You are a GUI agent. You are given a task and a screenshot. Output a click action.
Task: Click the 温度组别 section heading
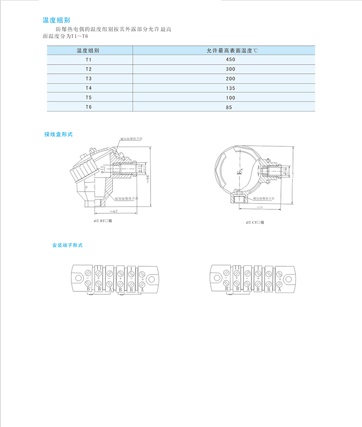click(56, 20)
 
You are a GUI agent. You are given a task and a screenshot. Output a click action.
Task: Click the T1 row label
click(88, 59)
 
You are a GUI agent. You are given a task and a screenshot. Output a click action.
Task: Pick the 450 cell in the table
click(230, 59)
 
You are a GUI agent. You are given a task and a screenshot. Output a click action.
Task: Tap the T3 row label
click(88, 78)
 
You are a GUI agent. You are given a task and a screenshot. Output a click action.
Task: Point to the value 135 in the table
click(230, 88)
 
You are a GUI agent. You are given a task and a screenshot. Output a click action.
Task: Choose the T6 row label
click(88, 107)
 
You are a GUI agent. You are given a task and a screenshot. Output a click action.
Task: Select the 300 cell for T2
click(230, 69)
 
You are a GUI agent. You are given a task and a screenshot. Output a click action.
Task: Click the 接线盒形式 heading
click(58, 134)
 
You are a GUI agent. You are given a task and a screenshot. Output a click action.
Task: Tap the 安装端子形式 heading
click(68, 245)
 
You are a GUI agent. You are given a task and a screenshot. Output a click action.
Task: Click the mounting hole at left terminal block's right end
click(153, 279)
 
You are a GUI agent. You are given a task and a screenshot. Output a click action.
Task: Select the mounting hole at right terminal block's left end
click(217, 279)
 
